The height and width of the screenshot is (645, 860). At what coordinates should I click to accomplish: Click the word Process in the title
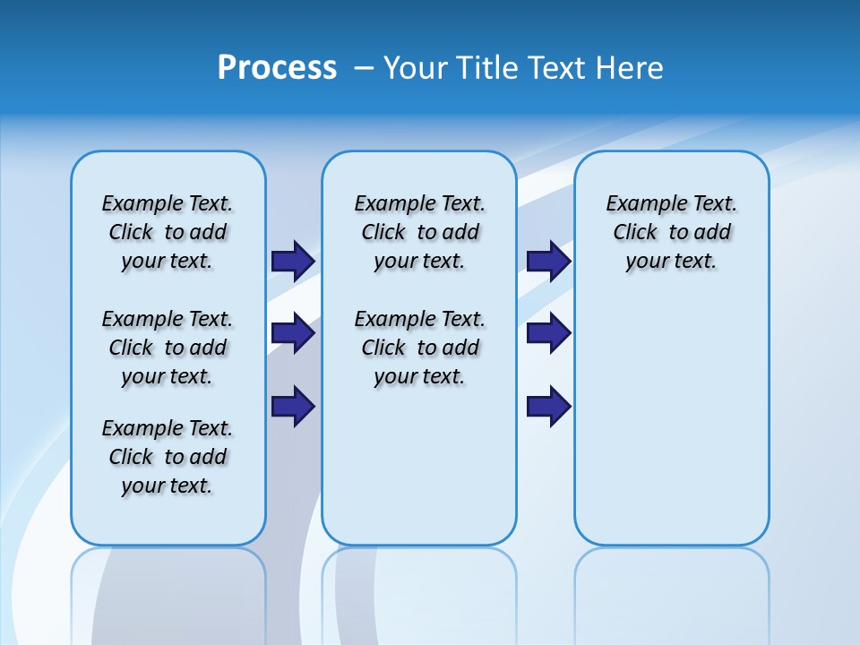pyautogui.click(x=277, y=68)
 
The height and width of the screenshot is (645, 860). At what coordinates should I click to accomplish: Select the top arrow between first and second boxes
pyautogui.click(x=293, y=261)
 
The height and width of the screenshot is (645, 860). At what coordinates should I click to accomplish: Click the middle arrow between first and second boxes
pyautogui.click(x=293, y=333)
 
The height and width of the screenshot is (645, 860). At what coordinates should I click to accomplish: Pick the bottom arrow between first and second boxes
pyautogui.click(x=293, y=407)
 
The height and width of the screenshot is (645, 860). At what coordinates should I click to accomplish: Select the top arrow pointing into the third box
pyautogui.click(x=548, y=261)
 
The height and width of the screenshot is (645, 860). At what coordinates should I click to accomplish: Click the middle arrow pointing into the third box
pyautogui.click(x=548, y=333)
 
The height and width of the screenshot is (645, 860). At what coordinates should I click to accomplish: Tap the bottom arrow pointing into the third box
pyautogui.click(x=548, y=407)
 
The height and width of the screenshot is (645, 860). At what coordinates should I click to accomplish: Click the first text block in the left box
pyautogui.click(x=168, y=232)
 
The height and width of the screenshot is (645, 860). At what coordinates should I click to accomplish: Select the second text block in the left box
pyautogui.click(x=168, y=348)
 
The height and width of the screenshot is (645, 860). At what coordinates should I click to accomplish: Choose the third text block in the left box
pyautogui.click(x=168, y=457)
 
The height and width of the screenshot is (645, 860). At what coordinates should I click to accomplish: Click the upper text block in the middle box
pyautogui.click(x=419, y=232)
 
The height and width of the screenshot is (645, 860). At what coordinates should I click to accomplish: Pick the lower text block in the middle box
pyautogui.click(x=419, y=348)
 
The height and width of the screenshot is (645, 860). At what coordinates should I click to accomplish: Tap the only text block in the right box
pyautogui.click(x=671, y=232)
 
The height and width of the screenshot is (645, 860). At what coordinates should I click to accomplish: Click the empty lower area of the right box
pyautogui.click(x=671, y=421)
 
